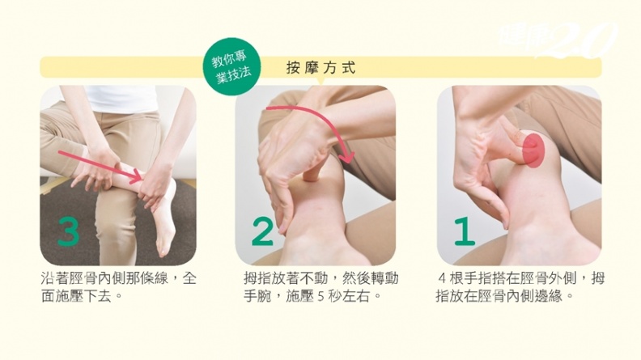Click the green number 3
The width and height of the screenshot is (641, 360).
[x=69, y=231]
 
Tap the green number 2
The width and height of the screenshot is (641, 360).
[x=262, y=231]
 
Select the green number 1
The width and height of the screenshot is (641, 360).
[x=465, y=231]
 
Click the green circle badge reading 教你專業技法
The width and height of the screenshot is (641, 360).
[x=232, y=67]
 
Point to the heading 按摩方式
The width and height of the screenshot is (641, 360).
[x=321, y=68]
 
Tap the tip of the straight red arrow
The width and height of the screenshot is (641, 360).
[x=142, y=179]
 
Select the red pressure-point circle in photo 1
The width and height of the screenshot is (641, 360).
[x=533, y=149]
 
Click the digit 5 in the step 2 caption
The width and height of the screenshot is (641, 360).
[x=320, y=296]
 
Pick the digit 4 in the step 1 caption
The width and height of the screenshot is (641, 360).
[x=442, y=279]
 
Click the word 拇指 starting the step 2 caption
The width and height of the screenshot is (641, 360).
[x=258, y=278]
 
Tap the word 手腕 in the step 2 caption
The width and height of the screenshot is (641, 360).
[x=258, y=296]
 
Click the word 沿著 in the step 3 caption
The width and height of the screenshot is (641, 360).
[x=55, y=278]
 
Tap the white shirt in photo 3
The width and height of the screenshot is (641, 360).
[x=123, y=99]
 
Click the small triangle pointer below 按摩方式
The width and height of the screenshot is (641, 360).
[x=321, y=81]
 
